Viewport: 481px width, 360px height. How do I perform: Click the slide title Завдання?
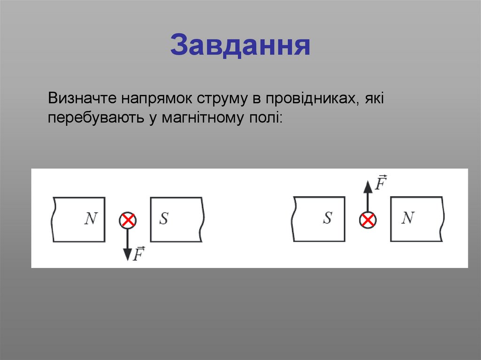pos(240,45)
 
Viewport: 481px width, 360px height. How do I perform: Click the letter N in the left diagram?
pos(91,219)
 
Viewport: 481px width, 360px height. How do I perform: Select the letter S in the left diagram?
pos(163,219)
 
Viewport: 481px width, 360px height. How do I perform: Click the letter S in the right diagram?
pos(327,218)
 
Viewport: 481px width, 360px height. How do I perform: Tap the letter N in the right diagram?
pos(408,218)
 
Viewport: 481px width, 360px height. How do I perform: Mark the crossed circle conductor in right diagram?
pos(368,220)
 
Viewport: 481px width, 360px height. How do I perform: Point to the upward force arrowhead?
pos(368,185)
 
